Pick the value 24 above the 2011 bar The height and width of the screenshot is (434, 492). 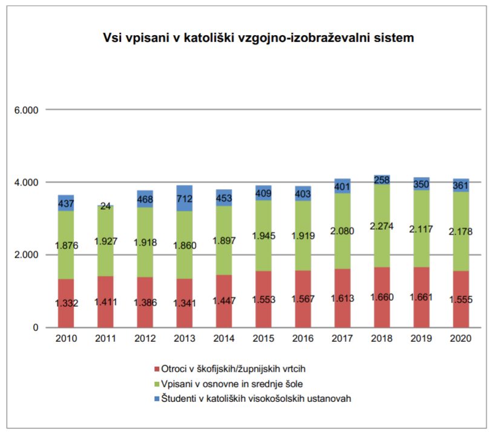click(x=106, y=206)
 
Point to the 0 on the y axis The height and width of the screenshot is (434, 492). click(x=34, y=328)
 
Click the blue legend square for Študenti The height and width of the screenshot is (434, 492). click(x=157, y=398)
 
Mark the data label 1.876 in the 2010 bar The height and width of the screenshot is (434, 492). click(x=67, y=245)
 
